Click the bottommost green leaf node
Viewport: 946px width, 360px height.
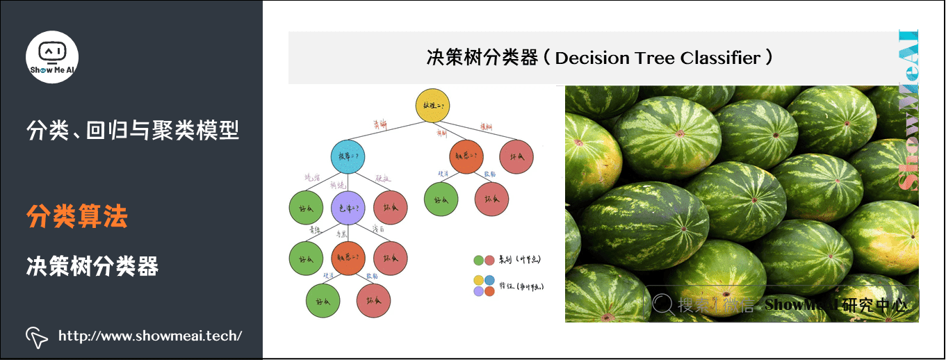pos(323,300)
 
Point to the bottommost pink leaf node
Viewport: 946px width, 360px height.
pos(374,300)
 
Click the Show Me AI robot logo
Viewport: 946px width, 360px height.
pos(52,57)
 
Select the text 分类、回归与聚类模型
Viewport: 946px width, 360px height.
pos(132,130)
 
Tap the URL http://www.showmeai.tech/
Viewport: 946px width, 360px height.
pos(150,336)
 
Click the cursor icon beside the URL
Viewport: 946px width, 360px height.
pos(37,336)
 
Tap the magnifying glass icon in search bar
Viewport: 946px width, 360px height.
pos(663,304)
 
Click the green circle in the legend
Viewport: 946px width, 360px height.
pos(478,261)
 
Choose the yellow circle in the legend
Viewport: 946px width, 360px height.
pos(478,280)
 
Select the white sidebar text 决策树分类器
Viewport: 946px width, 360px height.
pos(92,266)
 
